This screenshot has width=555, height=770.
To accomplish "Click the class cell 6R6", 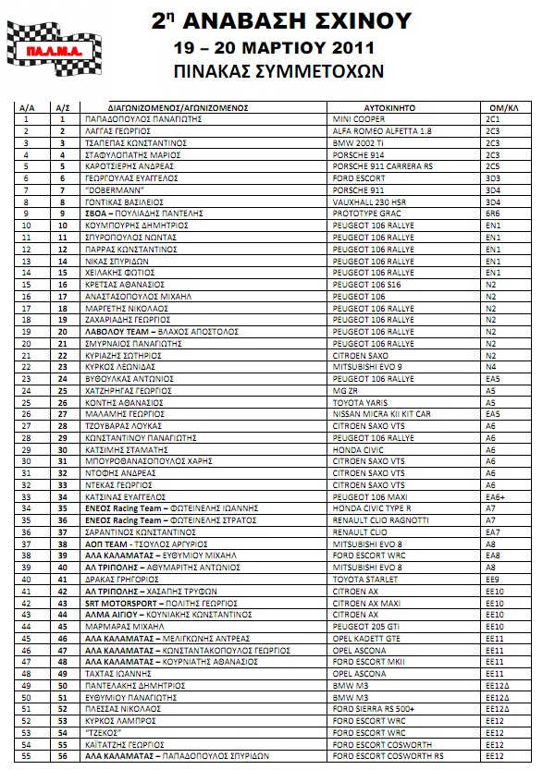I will tap(492, 214).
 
